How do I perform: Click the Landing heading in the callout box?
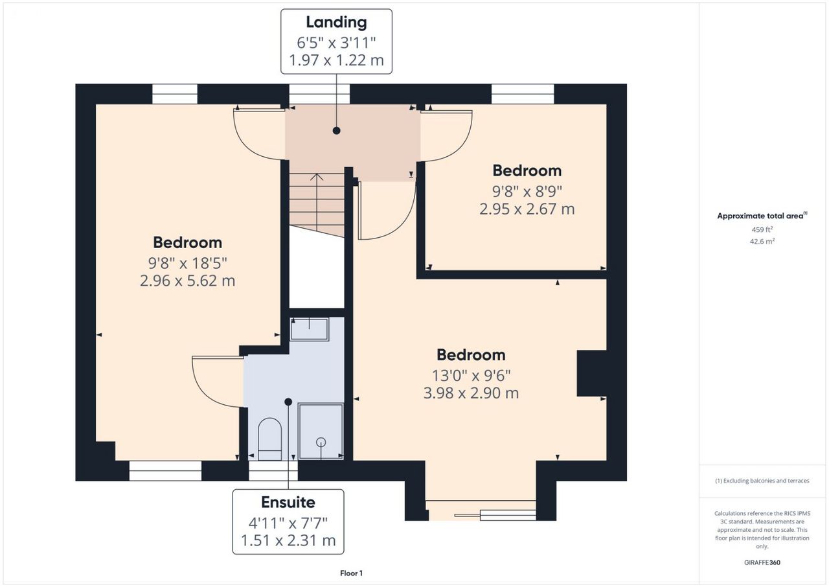tap(336, 22)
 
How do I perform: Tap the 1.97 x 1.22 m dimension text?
tap(336, 60)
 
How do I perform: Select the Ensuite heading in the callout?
tap(288, 502)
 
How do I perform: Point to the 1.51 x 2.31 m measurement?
tap(288, 540)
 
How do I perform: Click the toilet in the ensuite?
tap(270, 439)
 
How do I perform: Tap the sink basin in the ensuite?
tap(310, 329)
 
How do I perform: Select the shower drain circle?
tap(321, 442)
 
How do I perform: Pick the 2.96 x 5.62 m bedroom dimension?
tap(187, 281)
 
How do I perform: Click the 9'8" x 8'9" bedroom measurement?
tap(527, 191)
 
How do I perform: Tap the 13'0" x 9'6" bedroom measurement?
tap(471, 376)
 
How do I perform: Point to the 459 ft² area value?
tap(762, 229)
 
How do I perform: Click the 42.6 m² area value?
tap(762, 241)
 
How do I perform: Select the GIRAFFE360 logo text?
tap(762, 562)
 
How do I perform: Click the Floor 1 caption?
tap(351, 573)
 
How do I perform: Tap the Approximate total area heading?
tap(762, 216)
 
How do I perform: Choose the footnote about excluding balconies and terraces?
tap(762, 481)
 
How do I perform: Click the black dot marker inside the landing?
tap(336, 131)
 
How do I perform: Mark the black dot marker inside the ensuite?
tap(288, 402)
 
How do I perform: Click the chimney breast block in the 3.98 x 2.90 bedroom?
tap(591, 373)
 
